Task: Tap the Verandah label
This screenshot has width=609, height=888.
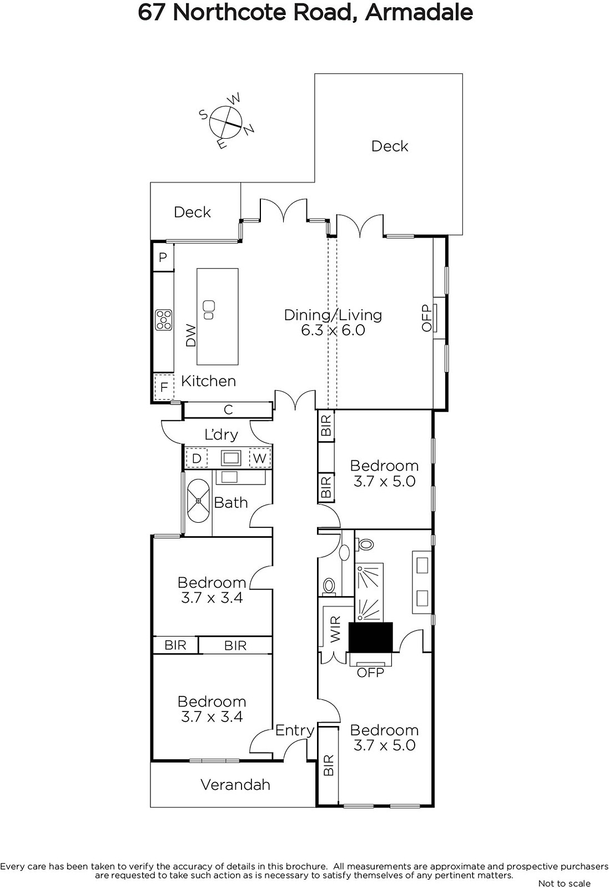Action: point(235,785)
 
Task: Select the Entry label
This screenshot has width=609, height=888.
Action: point(295,730)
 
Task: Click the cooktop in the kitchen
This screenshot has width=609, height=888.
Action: point(164,320)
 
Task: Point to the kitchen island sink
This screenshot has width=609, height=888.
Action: point(209,310)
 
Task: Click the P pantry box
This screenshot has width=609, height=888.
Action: point(163,258)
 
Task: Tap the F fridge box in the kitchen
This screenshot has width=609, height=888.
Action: point(164,386)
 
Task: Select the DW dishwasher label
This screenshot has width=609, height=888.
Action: point(191,335)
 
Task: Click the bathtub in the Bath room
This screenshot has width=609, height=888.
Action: point(198,501)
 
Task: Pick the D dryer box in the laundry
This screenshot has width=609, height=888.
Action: point(197,458)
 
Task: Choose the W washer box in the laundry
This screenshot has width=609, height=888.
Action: point(260,458)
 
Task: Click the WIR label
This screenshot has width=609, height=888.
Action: point(335,629)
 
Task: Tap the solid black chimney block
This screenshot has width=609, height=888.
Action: point(371,637)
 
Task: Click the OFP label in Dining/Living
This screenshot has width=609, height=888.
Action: point(426,317)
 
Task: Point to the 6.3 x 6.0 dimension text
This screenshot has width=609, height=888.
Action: point(333,330)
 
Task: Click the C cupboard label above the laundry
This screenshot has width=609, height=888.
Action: point(228,410)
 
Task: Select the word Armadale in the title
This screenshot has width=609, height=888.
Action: point(419,12)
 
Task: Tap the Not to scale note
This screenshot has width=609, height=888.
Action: point(564,883)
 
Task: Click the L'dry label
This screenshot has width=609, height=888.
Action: point(222,435)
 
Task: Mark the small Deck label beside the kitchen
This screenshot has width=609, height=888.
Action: point(192,212)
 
